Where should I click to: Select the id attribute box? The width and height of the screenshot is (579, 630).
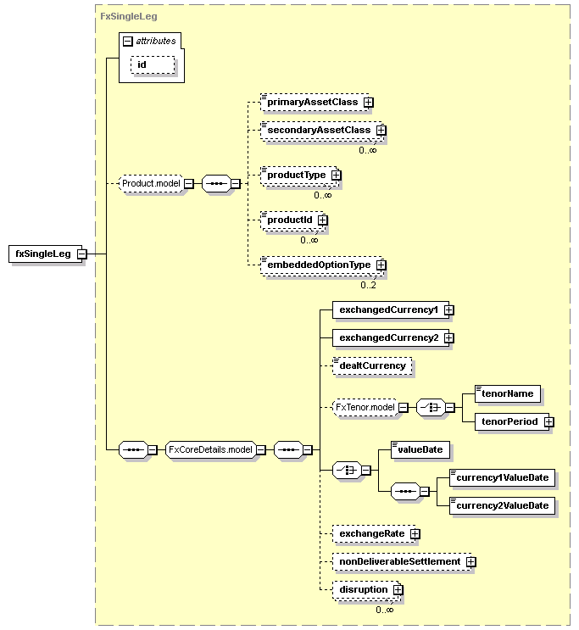[x=153, y=64]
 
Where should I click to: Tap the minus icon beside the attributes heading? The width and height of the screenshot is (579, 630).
[x=128, y=41]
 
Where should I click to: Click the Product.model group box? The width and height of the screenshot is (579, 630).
[x=151, y=184]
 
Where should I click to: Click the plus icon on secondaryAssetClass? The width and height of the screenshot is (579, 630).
[x=381, y=131]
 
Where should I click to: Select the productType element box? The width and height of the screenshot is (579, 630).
[x=298, y=176]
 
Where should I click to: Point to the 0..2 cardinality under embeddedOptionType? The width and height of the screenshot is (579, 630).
[x=368, y=285]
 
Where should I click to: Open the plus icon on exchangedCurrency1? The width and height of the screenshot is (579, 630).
[x=448, y=310]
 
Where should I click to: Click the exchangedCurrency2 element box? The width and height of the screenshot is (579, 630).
[x=391, y=338]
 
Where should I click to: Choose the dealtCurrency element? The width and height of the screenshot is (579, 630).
[x=372, y=366]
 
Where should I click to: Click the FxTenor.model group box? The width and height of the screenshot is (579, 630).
[x=365, y=407]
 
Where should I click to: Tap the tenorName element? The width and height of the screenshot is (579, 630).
[x=508, y=393]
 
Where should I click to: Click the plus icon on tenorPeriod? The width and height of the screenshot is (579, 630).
[x=548, y=422]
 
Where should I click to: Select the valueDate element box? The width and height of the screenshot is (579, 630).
[x=420, y=450]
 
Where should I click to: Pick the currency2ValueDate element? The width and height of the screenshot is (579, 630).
[x=502, y=506]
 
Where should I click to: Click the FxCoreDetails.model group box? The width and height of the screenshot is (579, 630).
[x=210, y=450]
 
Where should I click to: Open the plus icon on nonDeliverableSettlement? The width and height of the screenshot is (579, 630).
[x=471, y=562]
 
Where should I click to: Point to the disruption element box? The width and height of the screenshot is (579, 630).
[x=366, y=590]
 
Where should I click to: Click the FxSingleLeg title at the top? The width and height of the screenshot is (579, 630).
[x=129, y=16]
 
